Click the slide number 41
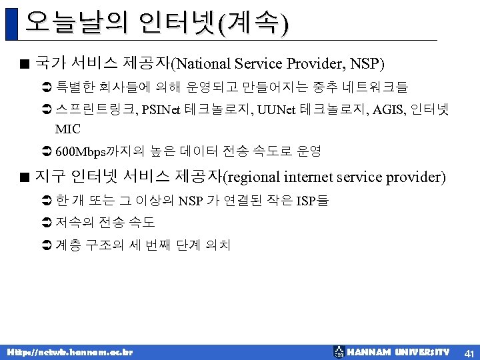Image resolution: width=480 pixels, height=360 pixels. (x=469, y=352)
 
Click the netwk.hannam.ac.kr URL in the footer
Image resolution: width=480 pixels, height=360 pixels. (x=69, y=351)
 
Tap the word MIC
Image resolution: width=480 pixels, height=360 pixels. (x=68, y=129)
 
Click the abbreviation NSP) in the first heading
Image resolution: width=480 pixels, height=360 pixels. (x=367, y=65)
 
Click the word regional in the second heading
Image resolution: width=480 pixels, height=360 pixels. (x=253, y=178)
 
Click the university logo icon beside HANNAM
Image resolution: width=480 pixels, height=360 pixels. (x=339, y=351)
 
